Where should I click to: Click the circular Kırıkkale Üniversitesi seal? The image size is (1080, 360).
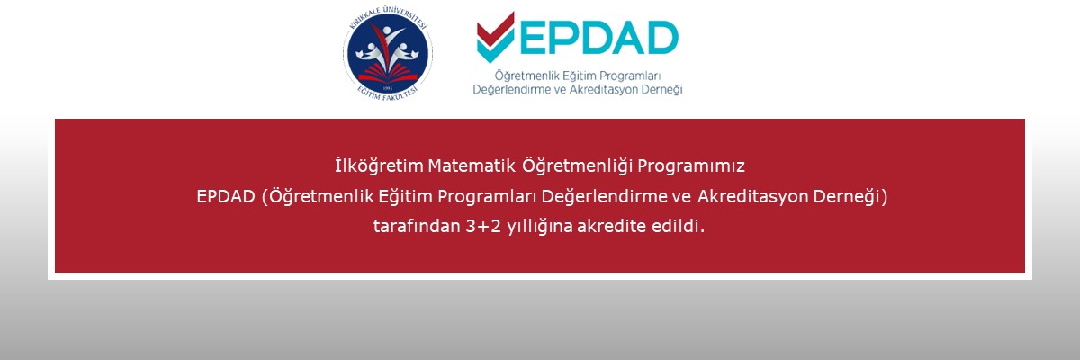tap(386, 55)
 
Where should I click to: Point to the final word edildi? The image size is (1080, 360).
tap(683, 226)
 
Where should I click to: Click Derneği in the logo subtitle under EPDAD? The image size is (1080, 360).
tap(660, 90)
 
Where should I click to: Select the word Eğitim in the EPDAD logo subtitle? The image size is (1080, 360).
tap(576, 76)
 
